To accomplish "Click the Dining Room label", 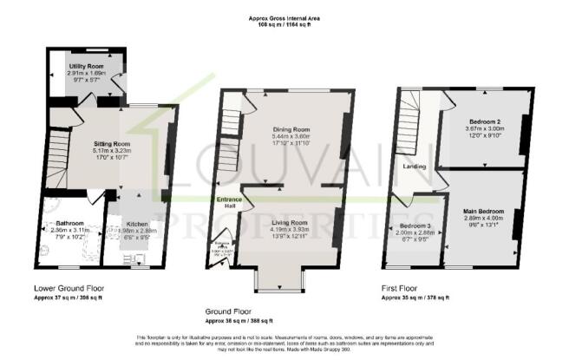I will (x=291, y=130).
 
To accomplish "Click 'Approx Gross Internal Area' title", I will (x=284, y=16).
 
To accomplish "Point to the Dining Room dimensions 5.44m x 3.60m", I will (x=291, y=137).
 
